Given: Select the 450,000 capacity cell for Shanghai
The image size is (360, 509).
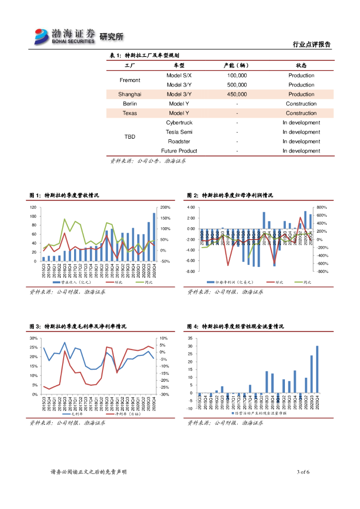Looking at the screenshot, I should coord(237,94).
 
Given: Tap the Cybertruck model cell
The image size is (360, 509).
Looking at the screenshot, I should coord(179,123).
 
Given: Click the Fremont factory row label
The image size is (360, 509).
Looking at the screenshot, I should coord(130,80).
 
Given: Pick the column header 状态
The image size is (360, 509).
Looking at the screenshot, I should coord(301,66).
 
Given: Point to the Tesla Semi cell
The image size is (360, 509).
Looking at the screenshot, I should coord(179,132).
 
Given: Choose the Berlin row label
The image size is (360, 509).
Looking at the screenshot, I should coord(130,104).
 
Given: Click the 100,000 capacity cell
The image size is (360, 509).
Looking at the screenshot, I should coord(237,76).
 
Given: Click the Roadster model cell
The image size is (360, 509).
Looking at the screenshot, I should coord(179,142).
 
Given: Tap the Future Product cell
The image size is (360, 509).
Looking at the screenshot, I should coord(179,151).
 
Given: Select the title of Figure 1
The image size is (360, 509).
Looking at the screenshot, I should coord(64,196).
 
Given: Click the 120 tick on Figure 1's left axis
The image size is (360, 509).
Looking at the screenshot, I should coord(33,207).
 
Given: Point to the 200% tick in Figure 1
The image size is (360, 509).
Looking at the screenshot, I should coord(166,207).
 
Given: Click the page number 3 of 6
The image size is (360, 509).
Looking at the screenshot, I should coord(303,472).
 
